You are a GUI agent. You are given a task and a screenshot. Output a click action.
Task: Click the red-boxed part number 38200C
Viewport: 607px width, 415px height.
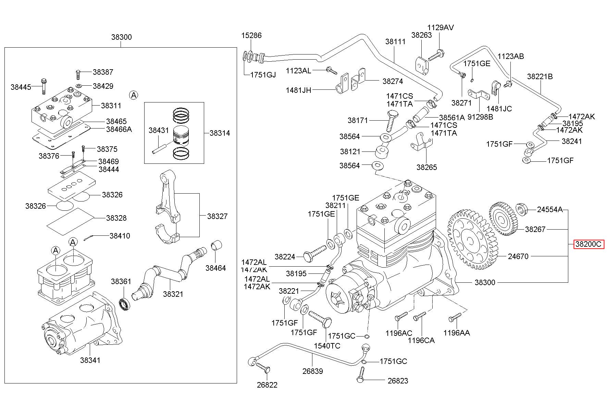click(x=588, y=244)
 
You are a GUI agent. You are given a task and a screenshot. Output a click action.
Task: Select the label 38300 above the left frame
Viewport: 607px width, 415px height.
click(x=121, y=37)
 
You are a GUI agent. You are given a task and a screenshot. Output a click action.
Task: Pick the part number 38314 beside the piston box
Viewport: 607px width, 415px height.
click(x=220, y=133)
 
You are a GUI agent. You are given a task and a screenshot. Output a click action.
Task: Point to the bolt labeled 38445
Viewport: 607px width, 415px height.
click(x=44, y=86)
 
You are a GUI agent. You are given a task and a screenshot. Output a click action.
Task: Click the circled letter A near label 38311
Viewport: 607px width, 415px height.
click(x=134, y=95)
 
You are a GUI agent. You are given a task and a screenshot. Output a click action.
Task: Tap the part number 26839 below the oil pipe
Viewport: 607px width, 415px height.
click(x=312, y=371)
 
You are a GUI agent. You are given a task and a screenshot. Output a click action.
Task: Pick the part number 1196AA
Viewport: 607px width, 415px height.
click(x=456, y=332)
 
